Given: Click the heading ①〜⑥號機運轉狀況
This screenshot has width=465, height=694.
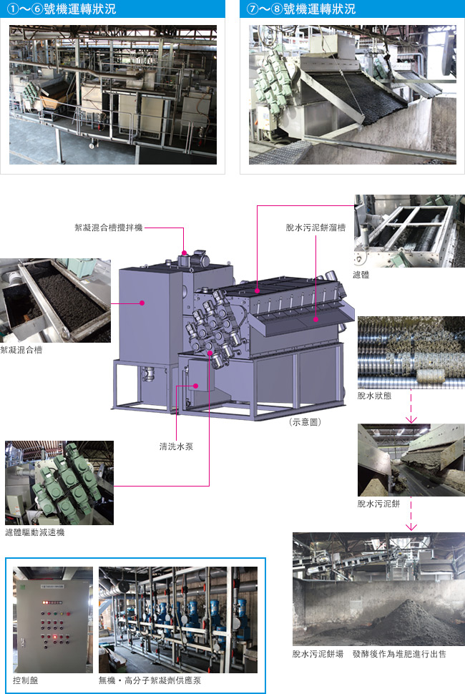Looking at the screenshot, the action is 62,9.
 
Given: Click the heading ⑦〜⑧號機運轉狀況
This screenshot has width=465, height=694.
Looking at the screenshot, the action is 301,9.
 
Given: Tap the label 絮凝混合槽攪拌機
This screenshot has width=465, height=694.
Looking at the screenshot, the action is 109,228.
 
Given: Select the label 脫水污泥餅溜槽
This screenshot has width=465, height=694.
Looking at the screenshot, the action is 315,228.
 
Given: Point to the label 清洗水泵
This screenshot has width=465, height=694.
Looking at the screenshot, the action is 176,446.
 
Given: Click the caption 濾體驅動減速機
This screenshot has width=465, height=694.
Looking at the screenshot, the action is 35,532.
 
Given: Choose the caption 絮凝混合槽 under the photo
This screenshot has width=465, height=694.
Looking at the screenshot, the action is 21,350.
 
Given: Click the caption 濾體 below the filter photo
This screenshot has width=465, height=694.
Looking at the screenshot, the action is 361,275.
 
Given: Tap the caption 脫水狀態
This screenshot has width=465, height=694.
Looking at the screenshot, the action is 374,396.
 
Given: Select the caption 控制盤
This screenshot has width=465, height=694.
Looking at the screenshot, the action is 25,680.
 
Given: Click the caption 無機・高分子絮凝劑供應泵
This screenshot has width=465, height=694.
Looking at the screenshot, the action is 150,680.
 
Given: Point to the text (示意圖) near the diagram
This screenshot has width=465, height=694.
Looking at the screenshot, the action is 305,422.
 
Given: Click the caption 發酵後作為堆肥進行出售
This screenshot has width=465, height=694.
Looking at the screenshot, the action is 399,654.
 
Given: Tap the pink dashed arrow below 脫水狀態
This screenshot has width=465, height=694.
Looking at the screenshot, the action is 411,406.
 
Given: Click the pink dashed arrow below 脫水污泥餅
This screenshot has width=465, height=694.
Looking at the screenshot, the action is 411,514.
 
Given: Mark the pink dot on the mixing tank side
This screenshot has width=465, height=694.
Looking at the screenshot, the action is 142,303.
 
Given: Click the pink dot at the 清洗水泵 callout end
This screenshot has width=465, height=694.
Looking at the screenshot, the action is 196,386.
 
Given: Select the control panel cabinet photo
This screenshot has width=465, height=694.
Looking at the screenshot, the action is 53,620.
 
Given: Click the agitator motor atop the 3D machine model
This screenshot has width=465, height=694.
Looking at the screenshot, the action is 195,258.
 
